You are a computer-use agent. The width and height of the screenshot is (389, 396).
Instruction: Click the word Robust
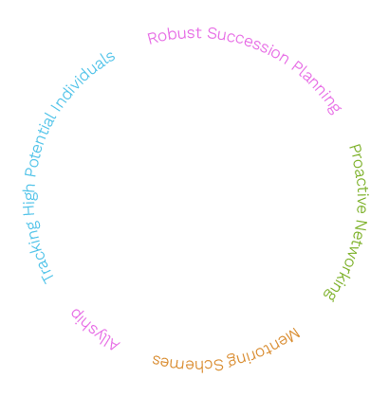(x=175, y=35)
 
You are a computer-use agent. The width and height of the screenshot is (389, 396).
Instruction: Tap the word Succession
(x=248, y=45)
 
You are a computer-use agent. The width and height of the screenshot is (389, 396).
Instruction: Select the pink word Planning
(x=316, y=87)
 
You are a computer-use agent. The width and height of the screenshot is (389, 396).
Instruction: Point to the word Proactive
(x=360, y=179)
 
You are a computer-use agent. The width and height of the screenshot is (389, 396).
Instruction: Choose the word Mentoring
(x=263, y=349)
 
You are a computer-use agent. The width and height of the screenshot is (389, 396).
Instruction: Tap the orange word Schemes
(x=188, y=363)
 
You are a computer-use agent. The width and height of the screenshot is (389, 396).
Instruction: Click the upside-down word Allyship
(x=95, y=330)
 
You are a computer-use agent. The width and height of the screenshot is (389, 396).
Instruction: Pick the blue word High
(x=30, y=200)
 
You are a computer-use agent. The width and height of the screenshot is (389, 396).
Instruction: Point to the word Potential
(x=40, y=144)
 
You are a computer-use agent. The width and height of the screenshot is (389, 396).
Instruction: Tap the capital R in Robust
(x=153, y=38)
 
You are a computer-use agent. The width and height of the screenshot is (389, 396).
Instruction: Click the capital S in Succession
(x=213, y=33)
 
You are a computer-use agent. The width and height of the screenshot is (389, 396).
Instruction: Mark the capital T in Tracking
(x=46, y=278)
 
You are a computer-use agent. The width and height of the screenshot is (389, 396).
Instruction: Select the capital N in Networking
(x=360, y=226)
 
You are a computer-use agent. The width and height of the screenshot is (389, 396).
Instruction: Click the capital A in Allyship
(x=113, y=344)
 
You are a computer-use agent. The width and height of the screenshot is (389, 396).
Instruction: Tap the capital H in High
(x=29, y=210)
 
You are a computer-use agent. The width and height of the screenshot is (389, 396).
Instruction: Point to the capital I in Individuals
(x=57, y=108)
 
